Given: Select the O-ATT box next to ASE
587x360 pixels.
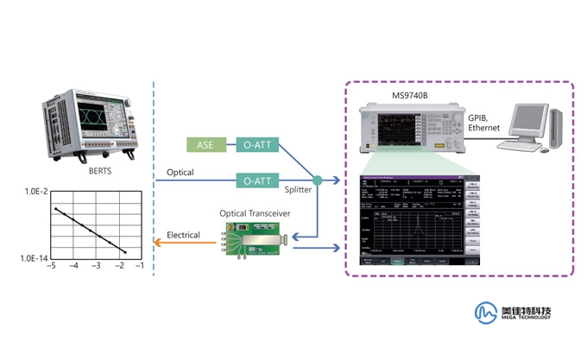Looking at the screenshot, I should [257, 144].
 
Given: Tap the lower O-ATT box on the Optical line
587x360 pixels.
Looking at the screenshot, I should [257, 180].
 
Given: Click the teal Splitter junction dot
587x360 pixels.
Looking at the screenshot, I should [317, 180].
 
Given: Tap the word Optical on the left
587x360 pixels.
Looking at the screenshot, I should [180, 173].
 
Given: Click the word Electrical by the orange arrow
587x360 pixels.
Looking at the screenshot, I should [183, 235].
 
